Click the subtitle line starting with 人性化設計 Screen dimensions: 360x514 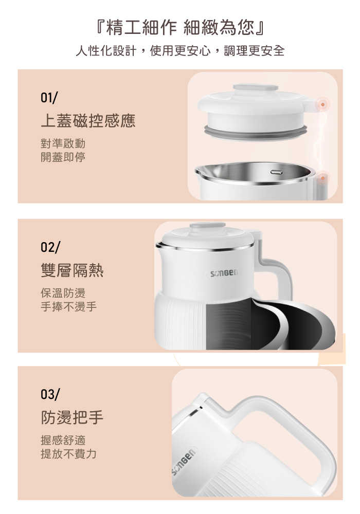pyautogui.click(x=180, y=51)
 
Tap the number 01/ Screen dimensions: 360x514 pyautogui.click(x=49, y=98)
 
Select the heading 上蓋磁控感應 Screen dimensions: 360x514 pyautogui.click(x=88, y=120)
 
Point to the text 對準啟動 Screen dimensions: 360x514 pyautogui.click(x=63, y=143)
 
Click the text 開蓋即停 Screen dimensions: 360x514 pyautogui.click(x=63, y=157)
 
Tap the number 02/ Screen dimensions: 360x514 pyautogui.click(x=50, y=247)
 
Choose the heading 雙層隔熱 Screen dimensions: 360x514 pyautogui.click(x=72, y=270)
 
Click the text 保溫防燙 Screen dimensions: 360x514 pyautogui.click(x=63, y=293)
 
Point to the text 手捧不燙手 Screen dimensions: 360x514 pyautogui.click(x=68, y=306)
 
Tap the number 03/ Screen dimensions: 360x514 pyautogui.click(x=50, y=394)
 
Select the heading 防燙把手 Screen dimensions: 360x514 pyautogui.click(x=72, y=417)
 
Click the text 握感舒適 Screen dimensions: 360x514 pyautogui.click(x=63, y=440)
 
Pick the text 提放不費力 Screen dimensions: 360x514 pyautogui.click(x=68, y=454)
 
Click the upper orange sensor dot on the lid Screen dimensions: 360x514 pyautogui.click(x=322, y=104)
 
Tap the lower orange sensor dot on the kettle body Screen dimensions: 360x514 pyautogui.click(x=322, y=178)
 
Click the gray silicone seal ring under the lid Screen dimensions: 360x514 pyautogui.click(x=256, y=132)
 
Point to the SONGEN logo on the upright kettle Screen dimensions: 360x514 pyautogui.click(x=224, y=273)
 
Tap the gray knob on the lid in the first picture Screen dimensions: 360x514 pyautogui.click(x=256, y=88)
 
